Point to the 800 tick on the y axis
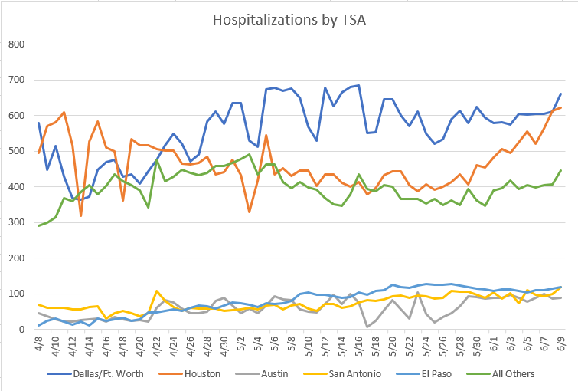[18, 44]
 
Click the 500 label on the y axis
[18, 151]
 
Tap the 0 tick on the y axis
[23, 330]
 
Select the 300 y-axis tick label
[18, 222]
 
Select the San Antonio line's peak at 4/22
[156, 291]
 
